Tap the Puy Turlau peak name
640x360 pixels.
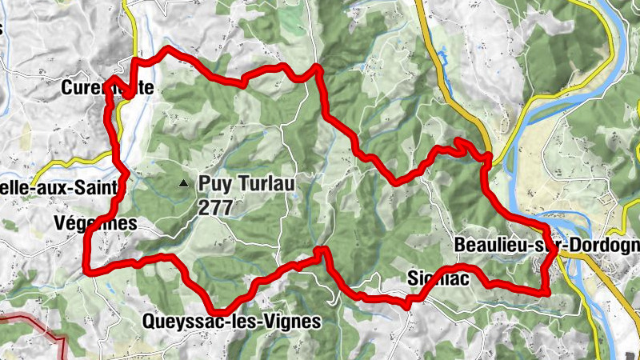pyautogui.click(x=247, y=183)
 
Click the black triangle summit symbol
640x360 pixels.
pyautogui.click(x=183, y=183)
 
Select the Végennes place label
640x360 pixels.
pyautogui.click(x=96, y=223)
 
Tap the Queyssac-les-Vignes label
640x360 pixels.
pyautogui.click(x=231, y=322)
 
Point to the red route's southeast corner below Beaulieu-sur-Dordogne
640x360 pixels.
pyautogui.click(x=547, y=293)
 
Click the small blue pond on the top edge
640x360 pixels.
pyautogui.click(x=441, y=55)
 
